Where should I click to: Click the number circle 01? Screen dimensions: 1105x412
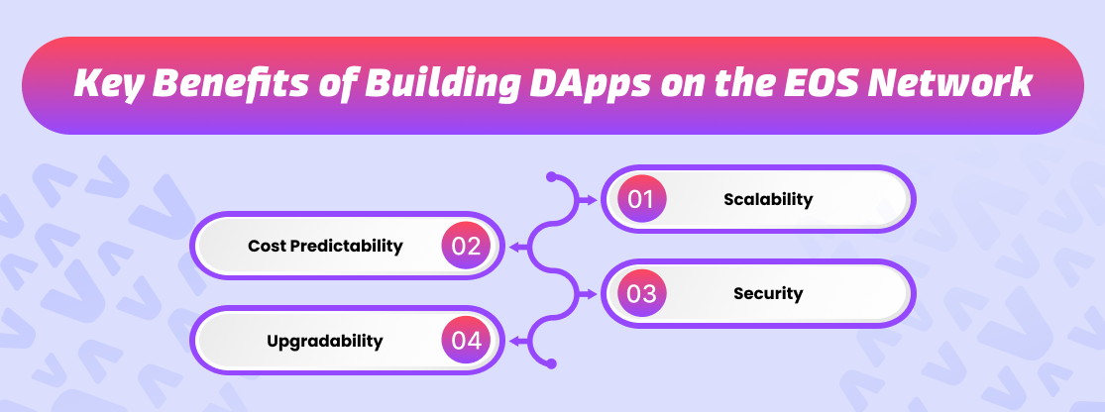[x=641, y=199]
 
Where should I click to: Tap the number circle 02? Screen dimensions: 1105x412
[x=466, y=246]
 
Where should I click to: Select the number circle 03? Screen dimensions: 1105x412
[x=641, y=293]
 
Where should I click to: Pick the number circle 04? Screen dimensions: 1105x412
[x=466, y=340]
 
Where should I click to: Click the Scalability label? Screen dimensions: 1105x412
[x=768, y=199]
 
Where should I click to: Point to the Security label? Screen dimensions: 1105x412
[x=768, y=293]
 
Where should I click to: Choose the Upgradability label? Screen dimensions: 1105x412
[x=325, y=341]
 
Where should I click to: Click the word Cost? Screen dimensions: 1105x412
[x=267, y=246]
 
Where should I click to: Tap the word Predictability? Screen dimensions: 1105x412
[x=346, y=247]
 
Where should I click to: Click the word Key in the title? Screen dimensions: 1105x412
[x=108, y=84]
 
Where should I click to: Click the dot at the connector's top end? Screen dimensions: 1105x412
[x=551, y=176]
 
